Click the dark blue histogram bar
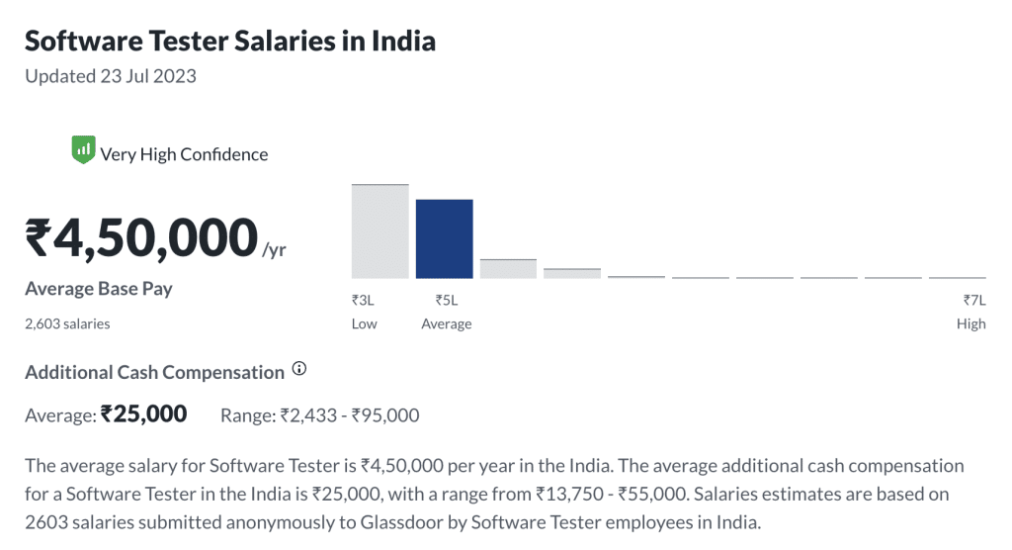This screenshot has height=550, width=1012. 444,238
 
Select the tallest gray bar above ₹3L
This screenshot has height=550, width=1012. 379,230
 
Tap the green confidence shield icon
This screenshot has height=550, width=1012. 83,151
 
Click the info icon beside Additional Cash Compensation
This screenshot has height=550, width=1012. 299,370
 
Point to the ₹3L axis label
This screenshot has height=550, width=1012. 363,301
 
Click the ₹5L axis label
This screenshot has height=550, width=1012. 446,301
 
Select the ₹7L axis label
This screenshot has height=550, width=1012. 974,301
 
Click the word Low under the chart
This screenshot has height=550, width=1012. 364,324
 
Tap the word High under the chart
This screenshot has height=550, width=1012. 970,324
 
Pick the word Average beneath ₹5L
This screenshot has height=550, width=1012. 446,324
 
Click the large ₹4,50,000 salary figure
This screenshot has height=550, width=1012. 141,238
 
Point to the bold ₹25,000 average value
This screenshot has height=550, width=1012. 143,414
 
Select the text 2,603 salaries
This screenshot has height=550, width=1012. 67,323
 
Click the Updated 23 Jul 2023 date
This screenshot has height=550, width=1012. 110,76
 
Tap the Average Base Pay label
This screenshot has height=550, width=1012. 98,289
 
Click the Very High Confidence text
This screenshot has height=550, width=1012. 184,154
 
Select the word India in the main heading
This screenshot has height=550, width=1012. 403,41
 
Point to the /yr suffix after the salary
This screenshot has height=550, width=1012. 274,249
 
